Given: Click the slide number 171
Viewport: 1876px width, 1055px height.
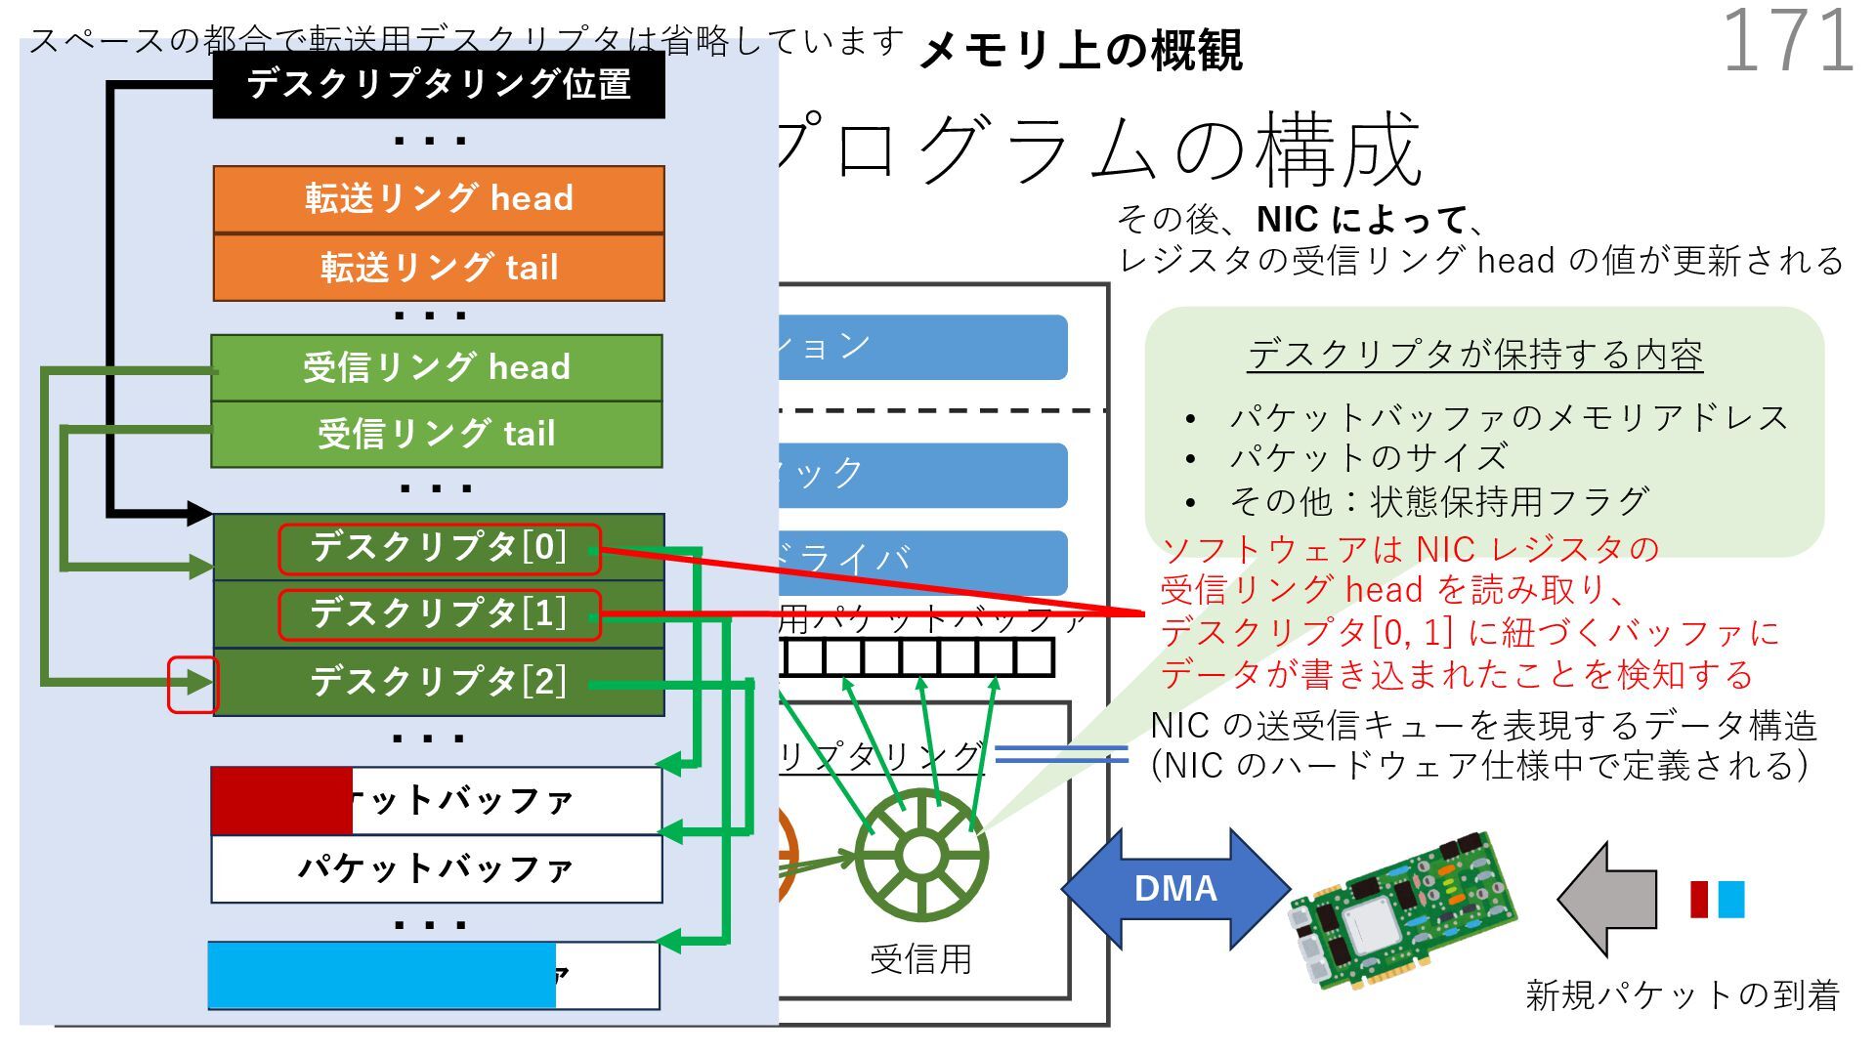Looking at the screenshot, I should (1787, 41).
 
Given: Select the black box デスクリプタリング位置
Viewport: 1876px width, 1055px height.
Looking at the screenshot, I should (439, 85).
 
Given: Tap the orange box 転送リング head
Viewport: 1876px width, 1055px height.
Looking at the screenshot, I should (439, 198).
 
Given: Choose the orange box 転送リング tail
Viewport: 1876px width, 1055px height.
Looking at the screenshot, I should (439, 267).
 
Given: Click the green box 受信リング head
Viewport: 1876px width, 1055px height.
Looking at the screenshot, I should (437, 367).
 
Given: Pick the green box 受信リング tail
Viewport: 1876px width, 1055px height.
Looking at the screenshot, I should (437, 434).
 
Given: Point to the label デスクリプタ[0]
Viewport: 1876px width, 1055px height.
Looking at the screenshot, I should (439, 548).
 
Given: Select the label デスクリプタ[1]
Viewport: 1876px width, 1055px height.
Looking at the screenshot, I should (439, 614).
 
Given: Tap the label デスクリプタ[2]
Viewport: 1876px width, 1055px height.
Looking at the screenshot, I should (439, 681).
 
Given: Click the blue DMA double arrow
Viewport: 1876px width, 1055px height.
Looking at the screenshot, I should (1175, 888).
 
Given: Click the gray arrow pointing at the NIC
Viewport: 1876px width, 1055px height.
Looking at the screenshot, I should (1607, 899).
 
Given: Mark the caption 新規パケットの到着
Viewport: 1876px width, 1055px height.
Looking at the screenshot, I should (1682, 994).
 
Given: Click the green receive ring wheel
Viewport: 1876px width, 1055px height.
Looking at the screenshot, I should (920, 855).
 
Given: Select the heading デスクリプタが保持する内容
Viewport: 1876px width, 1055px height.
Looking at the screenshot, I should (1474, 355).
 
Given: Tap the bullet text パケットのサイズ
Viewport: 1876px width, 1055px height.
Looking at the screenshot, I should (1368, 457).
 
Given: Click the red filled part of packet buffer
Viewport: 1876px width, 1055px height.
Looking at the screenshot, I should (281, 801).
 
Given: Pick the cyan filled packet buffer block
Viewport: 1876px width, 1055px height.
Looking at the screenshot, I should (382, 975).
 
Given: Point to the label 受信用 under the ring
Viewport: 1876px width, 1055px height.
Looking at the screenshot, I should (920, 959).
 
